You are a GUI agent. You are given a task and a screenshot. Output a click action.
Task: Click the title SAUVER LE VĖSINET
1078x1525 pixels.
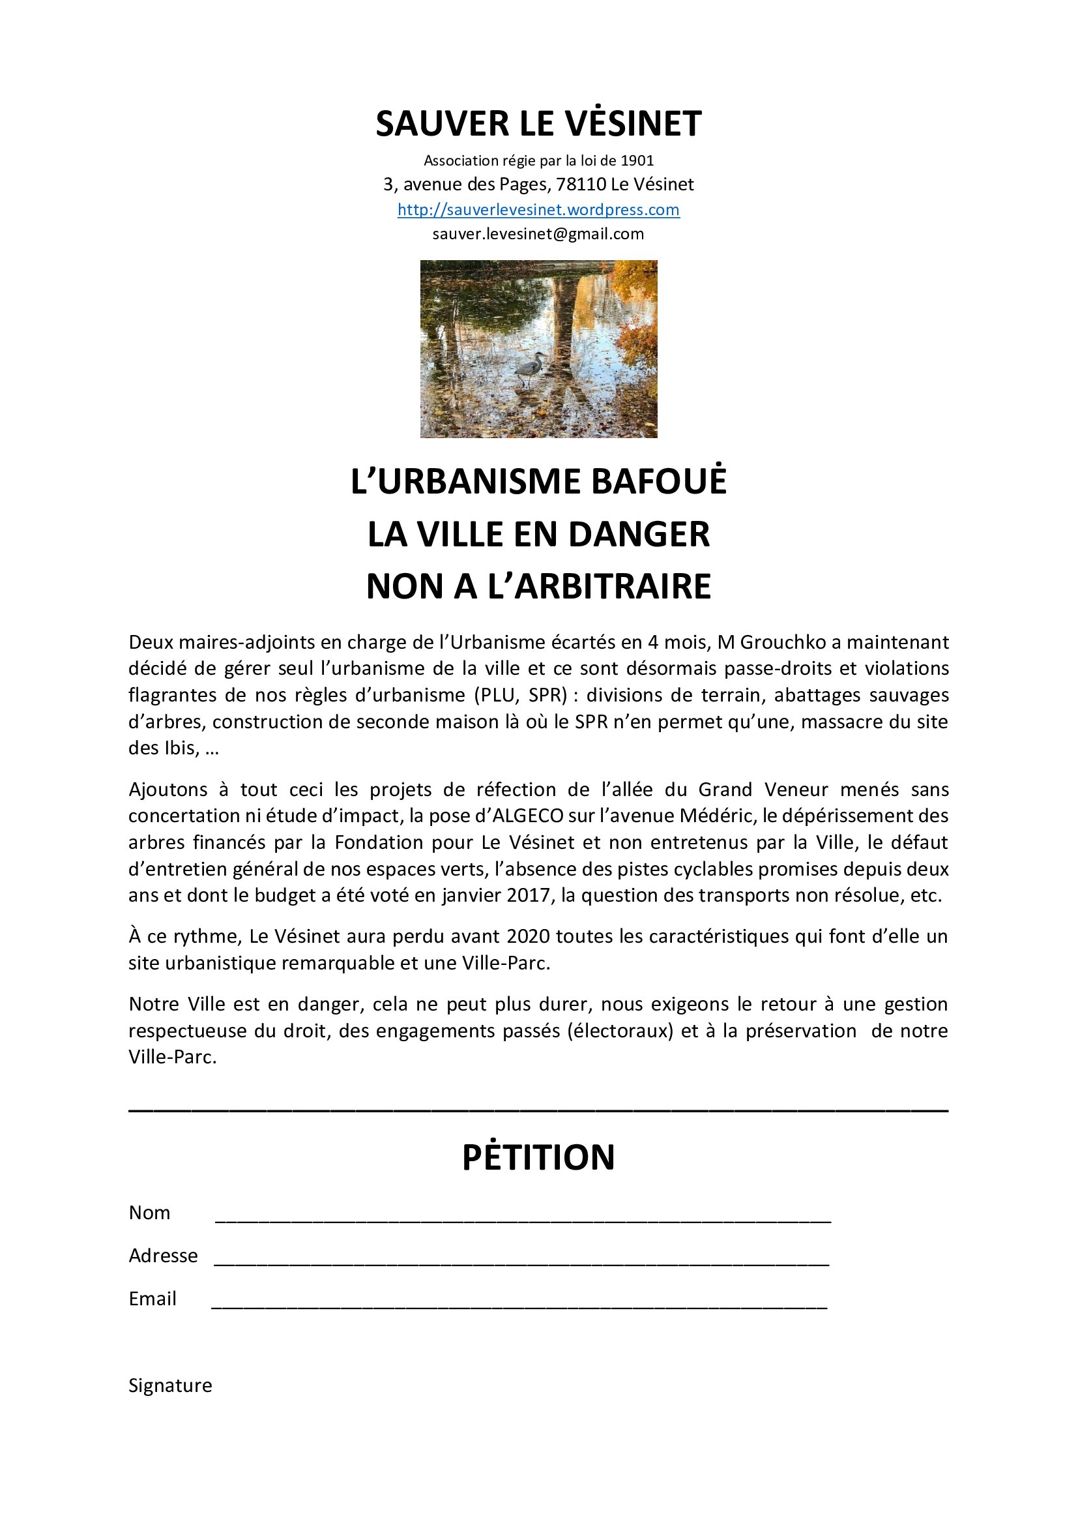538,125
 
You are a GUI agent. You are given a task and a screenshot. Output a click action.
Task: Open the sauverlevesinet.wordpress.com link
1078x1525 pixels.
538,210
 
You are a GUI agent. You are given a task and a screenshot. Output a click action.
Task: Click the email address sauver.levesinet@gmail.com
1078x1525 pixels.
538,234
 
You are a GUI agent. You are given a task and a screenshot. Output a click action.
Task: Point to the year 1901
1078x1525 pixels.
637,161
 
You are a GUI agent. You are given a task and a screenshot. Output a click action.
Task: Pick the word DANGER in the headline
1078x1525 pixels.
639,535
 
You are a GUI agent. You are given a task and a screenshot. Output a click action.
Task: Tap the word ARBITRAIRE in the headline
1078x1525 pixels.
600,587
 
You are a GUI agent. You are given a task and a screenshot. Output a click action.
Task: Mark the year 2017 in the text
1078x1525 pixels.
529,895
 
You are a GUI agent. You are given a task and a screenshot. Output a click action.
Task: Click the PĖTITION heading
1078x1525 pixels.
538,1158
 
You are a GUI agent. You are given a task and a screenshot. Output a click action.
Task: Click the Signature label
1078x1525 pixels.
170,1385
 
